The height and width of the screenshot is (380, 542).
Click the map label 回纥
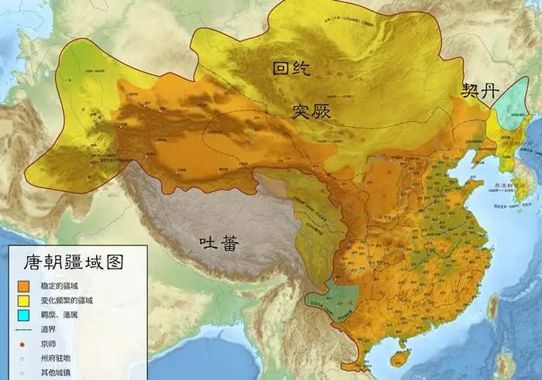(290, 70)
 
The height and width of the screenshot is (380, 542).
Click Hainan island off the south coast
(399, 358)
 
